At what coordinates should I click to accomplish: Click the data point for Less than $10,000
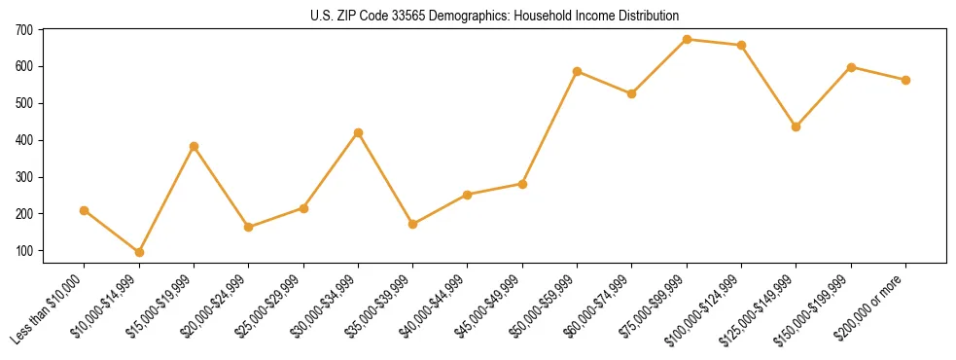[x=85, y=210]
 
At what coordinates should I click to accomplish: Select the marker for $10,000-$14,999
[x=139, y=252]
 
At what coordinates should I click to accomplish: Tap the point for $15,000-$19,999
[x=194, y=146]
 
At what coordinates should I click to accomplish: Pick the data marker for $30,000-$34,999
[x=359, y=132]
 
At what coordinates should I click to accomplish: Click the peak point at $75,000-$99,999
[x=687, y=39]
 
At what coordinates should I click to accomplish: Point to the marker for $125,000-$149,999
[x=797, y=126]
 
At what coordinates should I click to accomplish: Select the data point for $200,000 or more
[x=905, y=80]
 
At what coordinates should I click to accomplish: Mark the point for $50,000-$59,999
[x=578, y=71]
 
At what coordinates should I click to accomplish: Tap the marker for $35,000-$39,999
[x=413, y=224]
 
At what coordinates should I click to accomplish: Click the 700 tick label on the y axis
[x=24, y=30]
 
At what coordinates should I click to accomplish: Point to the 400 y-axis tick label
[x=24, y=140]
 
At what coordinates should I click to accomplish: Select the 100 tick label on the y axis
[x=24, y=251]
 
